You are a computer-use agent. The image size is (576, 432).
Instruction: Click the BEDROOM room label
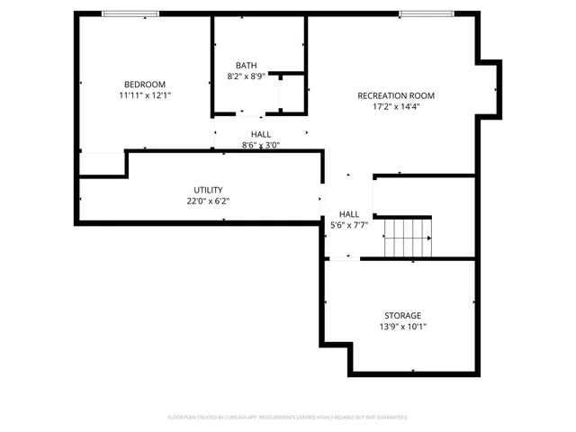coord(144,84)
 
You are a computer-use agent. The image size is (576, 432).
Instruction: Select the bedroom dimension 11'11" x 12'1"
coord(144,94)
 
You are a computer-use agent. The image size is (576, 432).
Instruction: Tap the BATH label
coord(246,66)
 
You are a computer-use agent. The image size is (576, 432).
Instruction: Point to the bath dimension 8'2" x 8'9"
coord(246,76)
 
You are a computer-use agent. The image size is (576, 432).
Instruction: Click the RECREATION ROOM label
coord(396,95)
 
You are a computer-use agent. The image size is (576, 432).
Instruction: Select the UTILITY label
coord(208,190)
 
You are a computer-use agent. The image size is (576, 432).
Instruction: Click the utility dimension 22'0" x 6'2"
coord(208,201)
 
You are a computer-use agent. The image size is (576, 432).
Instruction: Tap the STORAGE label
coord(402,316)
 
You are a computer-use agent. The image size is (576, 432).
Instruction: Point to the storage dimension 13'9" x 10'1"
coord(402,327)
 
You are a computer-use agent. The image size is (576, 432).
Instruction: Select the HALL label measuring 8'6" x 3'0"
coord(261,134)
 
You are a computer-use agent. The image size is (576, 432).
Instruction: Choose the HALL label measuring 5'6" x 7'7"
coord(348,214)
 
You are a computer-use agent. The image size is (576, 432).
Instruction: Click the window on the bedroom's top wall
coord(130,13)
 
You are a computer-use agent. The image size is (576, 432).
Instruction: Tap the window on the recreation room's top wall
coord(427,13)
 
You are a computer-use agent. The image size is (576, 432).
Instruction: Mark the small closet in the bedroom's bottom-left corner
coord(101,164)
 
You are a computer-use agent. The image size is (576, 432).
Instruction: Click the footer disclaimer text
coord(288,418)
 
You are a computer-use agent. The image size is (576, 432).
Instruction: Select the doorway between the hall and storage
coord(343,259)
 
